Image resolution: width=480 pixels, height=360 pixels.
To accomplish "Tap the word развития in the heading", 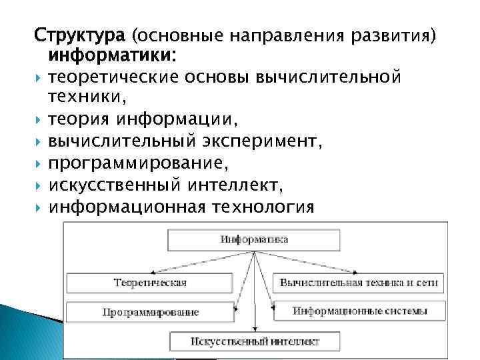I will click(x=401, y=34).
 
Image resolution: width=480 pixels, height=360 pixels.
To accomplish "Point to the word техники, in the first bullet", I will click(x=86, y=99).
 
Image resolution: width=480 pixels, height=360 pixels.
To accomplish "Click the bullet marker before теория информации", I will click(x=38, y=121).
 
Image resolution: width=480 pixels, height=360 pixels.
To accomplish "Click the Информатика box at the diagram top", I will click(x=253, y=239).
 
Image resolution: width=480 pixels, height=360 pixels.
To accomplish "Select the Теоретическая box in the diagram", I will click(x=150, y=283).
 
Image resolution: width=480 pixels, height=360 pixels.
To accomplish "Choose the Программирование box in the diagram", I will click(x=151, y=311).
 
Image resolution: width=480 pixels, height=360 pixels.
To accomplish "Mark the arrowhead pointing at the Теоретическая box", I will click(x=154, y=272).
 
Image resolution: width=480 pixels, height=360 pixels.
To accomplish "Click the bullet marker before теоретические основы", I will click(x=38, y=77).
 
